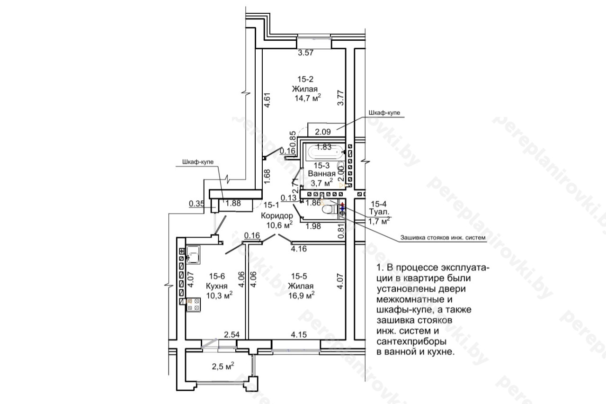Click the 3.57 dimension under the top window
pyautogui.click(x=306, y=53)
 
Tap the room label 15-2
pyautogui.click(x=305, y=79)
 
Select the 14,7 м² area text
pyautogui.click(x=308, y=98)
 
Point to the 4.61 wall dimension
pyautogui.click(x=267, y=100)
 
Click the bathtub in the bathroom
pyautogui.click(x=326, y=152)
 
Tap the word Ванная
pyautogui.click(x=321, y=173)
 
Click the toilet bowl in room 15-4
pyautogui.click(x=330, y=209)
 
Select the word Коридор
pyautogui.click(x=277, y=215)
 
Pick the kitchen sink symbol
pyautogui.click(x=193, y=254)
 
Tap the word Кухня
pyautogui.click(x=217, y=286)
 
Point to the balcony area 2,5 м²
pyautogui.click(x=223, y=367)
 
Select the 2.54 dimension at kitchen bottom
pyautogui.click(x=232, y=335)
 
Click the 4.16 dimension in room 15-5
pyautogui.click(x=299, y=249)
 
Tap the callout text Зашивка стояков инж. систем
pyautogui.click(x=443, y=238)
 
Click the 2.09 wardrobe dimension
pyautogui.click(x=323, y=132)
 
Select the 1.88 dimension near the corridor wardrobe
pyautogui.click(x=233, y=203)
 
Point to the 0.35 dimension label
pyautogui.click(x=196, y=204)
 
